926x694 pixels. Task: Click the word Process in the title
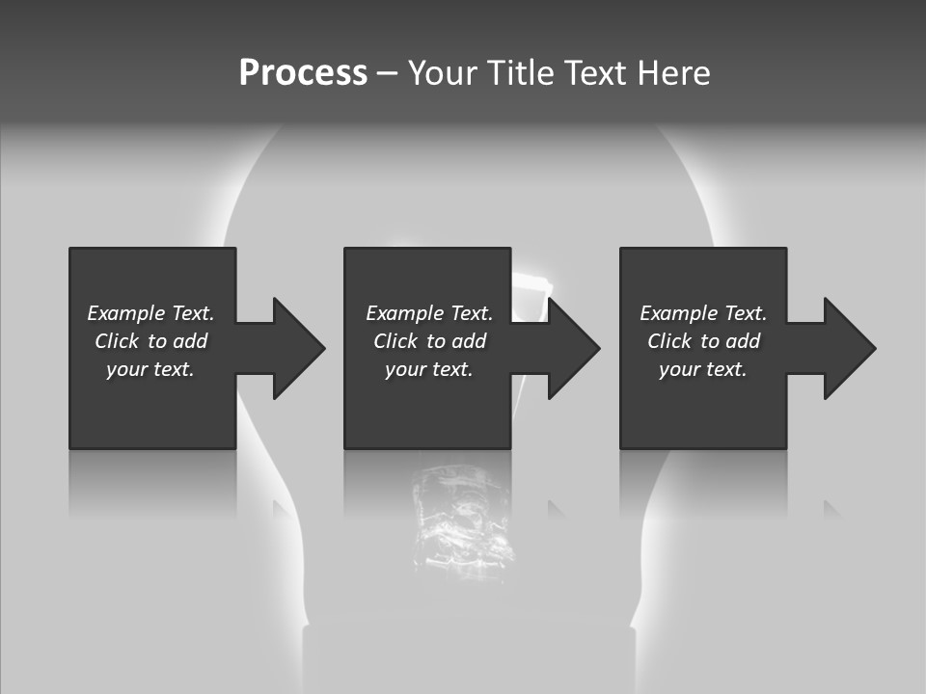coord(303,73)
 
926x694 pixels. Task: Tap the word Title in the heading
coord(520,73)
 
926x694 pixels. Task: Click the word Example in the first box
coord(125,313)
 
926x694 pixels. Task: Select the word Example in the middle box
coord(404,313)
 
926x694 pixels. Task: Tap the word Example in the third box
coord(678,313)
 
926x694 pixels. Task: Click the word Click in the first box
coord(116,341)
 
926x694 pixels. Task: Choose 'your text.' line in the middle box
coord(428,369)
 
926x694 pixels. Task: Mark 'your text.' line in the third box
coord(702,369)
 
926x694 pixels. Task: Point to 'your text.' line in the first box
coord(150,369)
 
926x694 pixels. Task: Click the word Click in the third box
coord(669,341)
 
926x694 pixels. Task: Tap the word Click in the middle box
coord(395,341)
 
